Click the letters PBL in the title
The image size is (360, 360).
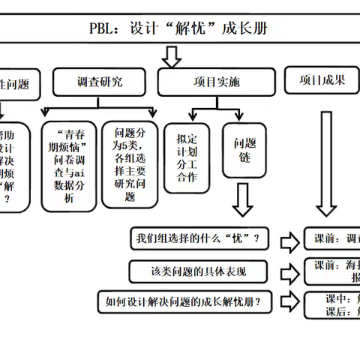click(x=103, y=30)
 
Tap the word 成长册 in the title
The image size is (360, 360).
click(x=245, y=30)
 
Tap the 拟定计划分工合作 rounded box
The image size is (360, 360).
click(x=185, y=158)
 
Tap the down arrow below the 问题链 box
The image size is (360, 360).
click(x=242, y=201)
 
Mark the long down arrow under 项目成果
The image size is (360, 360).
click(x=325, y=165)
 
